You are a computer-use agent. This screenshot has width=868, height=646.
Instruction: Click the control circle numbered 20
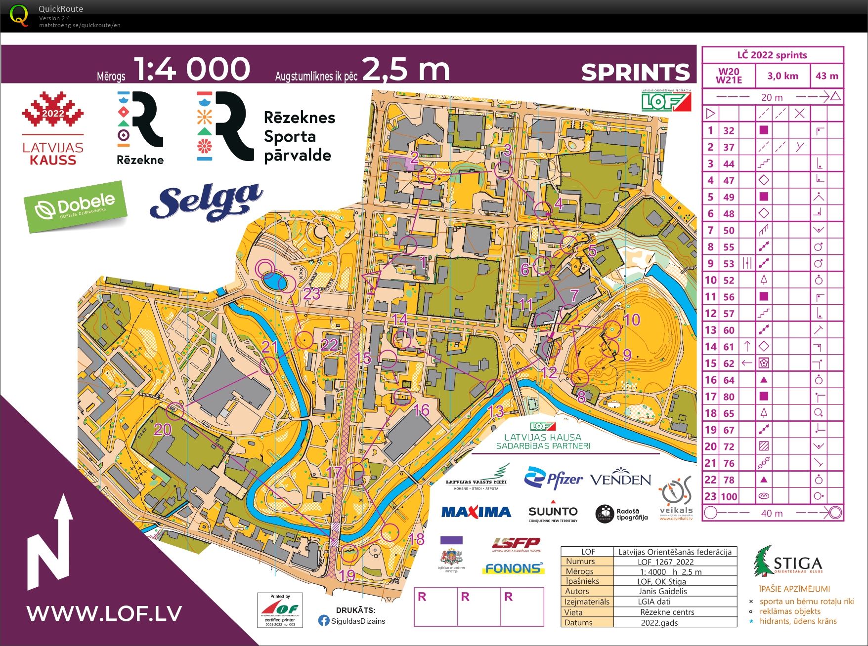(x=175, y=410)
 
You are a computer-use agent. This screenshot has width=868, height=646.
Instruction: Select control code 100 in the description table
(x=729, y=496)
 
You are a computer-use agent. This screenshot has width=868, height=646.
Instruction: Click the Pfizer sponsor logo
(x=554, y=478)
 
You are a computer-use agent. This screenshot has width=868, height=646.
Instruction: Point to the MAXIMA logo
(x=476, y=512)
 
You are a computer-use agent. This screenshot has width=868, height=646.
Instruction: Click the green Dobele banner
(x=75, y=206)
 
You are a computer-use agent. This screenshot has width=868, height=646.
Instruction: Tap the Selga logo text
(x=206, y=202)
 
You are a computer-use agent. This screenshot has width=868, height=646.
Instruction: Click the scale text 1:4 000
(x=192, y=69)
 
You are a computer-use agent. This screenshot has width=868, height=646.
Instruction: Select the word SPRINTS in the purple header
(x=635, y=72)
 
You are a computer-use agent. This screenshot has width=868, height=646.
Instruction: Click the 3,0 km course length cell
(x=782, y=76)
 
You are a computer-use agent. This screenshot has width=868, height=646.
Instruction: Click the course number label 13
(x=495, y=410)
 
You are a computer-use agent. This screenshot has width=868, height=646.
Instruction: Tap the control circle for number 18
(x=390, y=532)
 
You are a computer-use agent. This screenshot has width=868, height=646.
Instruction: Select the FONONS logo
(x=513, y=568)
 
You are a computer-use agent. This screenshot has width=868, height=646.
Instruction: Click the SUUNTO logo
(x=553, y=513)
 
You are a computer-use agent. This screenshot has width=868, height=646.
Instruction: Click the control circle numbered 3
(x=504, y=170)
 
